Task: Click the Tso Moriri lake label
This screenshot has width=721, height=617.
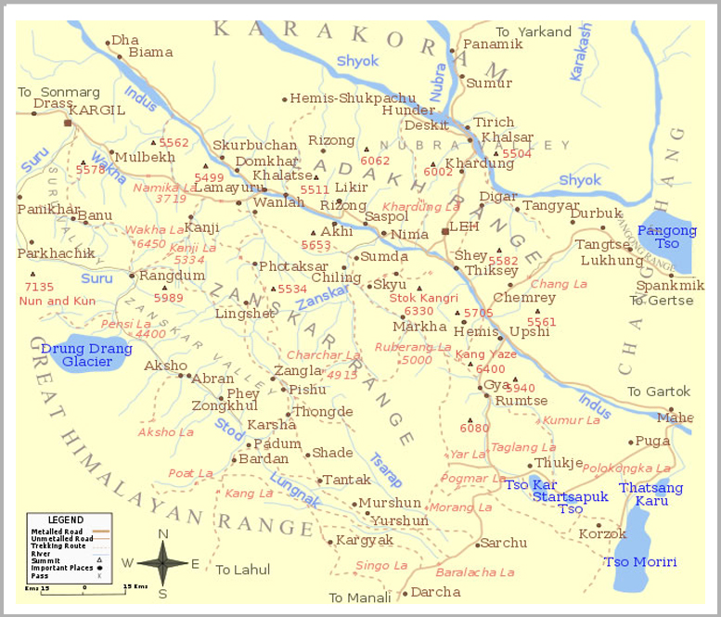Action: pos(640,562)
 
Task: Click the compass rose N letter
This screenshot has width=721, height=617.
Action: pos(163,533)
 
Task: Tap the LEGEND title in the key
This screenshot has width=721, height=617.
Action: pos(65,520)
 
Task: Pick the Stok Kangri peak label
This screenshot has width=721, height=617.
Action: pos(423,298)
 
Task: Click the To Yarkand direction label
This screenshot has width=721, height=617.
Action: pos(534,32)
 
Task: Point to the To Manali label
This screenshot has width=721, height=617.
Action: pos(360,598)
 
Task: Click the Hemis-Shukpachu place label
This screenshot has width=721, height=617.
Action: pos(353,97)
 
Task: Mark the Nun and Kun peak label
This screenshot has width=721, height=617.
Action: pos(58,301)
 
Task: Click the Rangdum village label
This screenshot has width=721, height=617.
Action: pos(172,275)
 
